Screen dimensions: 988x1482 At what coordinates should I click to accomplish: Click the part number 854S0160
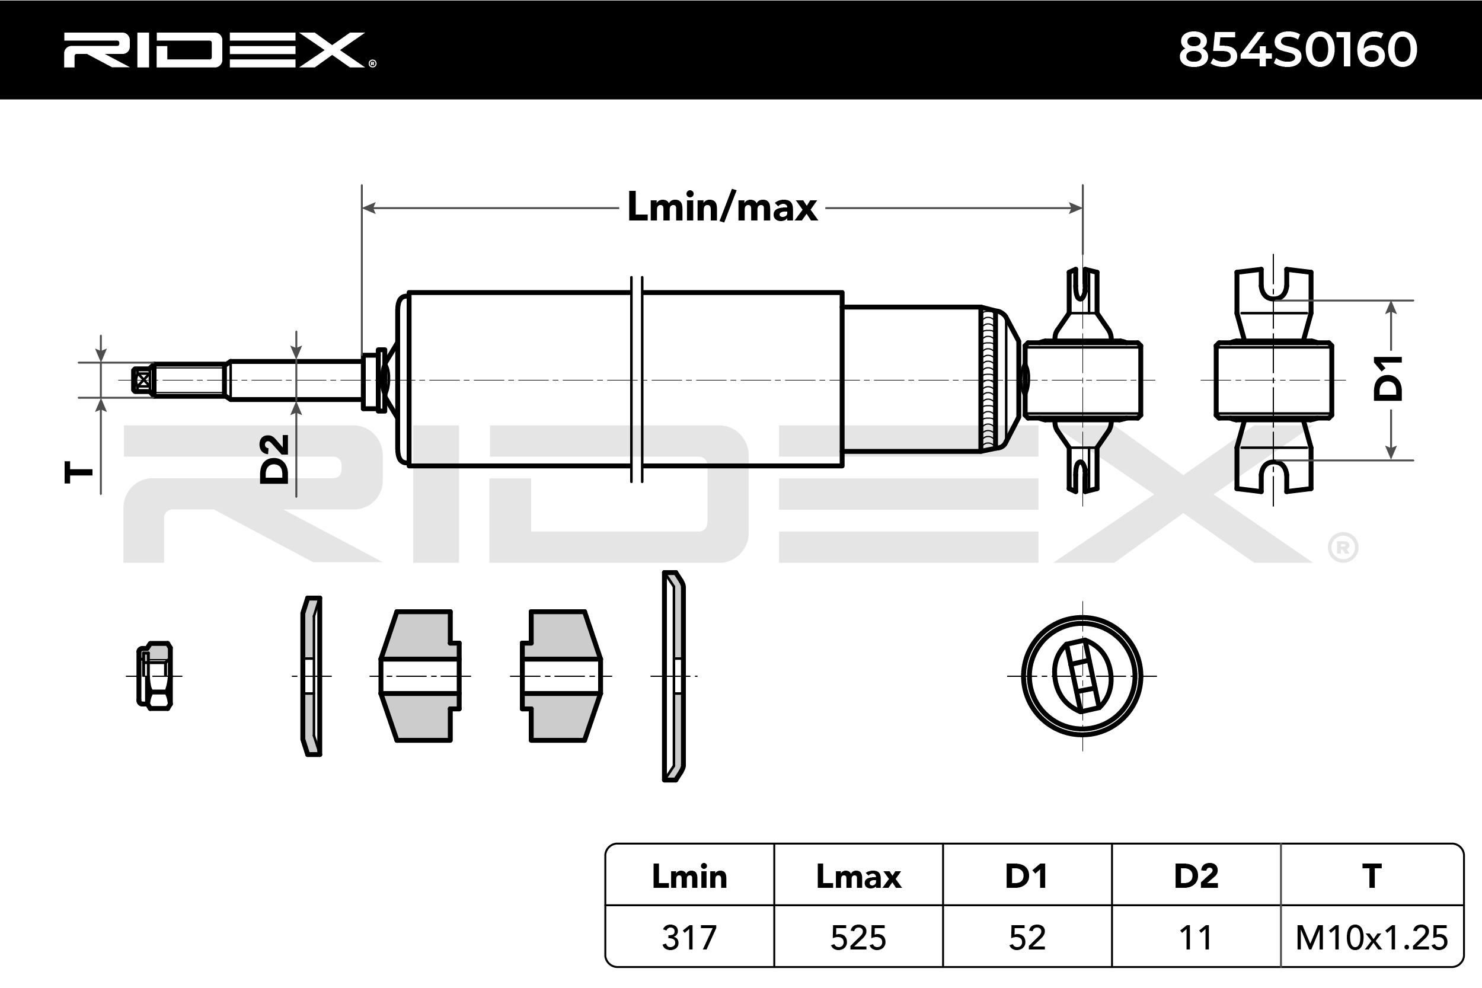pos(1298,50)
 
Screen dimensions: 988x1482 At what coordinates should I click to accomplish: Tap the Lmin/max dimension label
pos(722,207)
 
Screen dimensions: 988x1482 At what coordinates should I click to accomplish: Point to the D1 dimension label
pos(1389,378)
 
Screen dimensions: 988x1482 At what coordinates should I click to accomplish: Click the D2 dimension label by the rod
pos(274,459)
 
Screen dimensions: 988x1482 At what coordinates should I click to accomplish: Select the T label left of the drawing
pos(79,472)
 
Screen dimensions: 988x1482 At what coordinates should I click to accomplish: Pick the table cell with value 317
pos(689,938)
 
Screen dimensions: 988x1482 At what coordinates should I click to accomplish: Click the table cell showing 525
pos(858,938)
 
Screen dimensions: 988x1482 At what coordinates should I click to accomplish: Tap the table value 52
pos(1027,938)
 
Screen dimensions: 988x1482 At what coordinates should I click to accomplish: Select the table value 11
pos(1195,938)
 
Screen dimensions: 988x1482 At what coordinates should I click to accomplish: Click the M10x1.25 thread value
pos(1372,938)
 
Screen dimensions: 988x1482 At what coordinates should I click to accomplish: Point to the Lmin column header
pos(689,877)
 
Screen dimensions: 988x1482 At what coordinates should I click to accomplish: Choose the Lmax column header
pos(858,877)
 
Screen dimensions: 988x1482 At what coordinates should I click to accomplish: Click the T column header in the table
pos(1372,877)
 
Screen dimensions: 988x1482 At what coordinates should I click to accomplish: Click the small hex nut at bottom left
pos(154,676)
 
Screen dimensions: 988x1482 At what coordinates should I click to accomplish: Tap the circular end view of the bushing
pos(1082,676)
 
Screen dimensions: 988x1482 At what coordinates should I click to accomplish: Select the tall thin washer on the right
pos(673,676)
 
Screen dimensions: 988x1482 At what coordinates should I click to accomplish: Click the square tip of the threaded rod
pos(143,380)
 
